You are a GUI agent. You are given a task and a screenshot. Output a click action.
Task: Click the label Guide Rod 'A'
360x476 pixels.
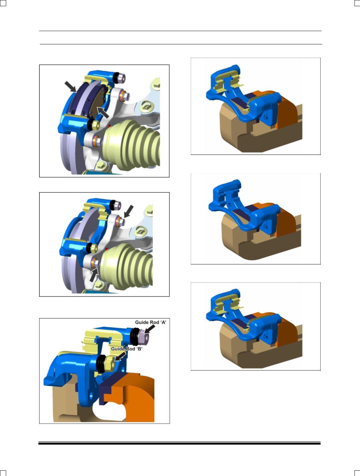(151, 323)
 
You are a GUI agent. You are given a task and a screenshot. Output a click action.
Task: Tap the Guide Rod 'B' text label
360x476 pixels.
(127, 349)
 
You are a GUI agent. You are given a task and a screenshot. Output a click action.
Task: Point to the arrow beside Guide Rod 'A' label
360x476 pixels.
(150, 329)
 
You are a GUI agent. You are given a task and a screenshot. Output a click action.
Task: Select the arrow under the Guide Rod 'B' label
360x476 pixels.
(120, 356)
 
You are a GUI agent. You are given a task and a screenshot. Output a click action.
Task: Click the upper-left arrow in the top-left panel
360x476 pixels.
(70, 86)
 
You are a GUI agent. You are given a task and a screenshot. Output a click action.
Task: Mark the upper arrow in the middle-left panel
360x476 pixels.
(129, 211)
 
